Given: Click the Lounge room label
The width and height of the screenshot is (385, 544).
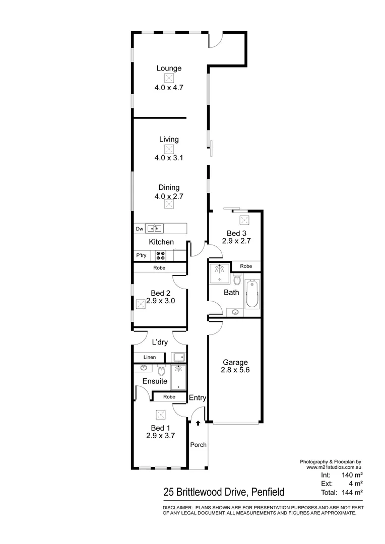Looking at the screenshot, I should click(169, 69).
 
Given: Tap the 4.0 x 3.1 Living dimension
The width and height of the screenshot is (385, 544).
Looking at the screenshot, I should click(169, 158).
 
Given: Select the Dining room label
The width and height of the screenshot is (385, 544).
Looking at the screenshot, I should click(169, 188).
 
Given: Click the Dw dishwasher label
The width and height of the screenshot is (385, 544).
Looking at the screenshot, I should click(140, 229).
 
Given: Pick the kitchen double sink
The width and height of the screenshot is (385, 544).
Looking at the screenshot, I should click(154, 229).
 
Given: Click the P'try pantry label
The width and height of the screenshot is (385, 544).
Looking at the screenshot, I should click(141, 255).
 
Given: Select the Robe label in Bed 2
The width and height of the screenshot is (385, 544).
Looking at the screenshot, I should click(159, 268).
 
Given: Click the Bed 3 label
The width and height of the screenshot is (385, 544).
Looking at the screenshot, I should click(236, 233).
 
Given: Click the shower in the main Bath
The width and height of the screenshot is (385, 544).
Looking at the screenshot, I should click(220, 272).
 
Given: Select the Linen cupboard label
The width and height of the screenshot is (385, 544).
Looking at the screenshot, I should click(149, 357).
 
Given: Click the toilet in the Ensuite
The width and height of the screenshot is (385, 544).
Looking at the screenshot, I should click(162, 371).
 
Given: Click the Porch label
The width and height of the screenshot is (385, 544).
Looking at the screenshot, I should click(198, 445).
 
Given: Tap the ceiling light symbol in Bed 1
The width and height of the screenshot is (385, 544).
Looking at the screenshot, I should click(161, 415).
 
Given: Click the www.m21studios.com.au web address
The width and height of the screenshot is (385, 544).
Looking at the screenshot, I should click(334, 467).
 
